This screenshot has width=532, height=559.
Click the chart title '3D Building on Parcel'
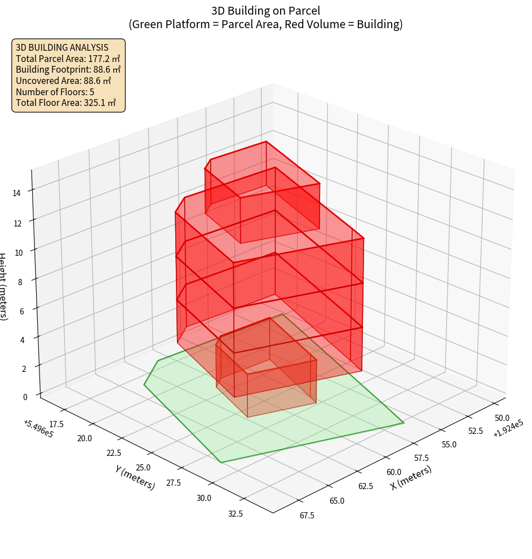265,11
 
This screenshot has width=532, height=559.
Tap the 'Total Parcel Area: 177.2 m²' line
68,59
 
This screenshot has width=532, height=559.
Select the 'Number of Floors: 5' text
55,92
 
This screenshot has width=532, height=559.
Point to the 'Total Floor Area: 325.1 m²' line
66,103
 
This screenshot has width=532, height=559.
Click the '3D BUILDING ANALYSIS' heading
62,47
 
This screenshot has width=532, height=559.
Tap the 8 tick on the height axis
20,281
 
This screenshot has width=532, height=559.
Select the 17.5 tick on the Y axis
56,424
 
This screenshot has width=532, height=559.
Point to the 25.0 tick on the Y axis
143,468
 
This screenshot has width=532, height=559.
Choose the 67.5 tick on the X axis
307,516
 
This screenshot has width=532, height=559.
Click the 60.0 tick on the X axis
394,472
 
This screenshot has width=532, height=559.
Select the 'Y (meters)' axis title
135,477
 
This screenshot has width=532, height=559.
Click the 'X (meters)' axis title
411,478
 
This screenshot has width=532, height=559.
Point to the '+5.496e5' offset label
39,429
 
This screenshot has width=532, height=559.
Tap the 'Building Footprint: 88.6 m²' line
68,70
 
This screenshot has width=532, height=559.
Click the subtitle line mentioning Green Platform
265,24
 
